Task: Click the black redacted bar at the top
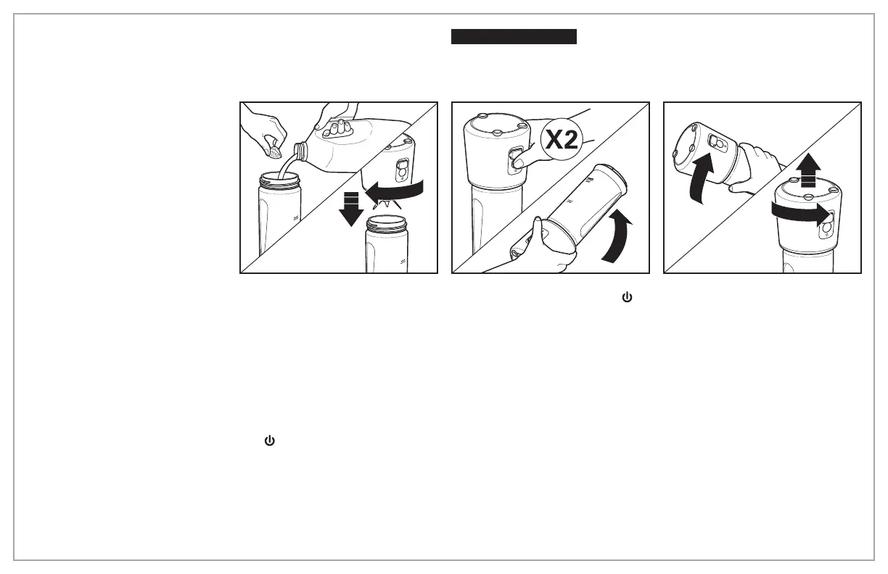click(514, 37)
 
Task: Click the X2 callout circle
click(563, 141)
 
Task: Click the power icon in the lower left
click(270, 440)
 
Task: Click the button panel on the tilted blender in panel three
click(718, 143)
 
